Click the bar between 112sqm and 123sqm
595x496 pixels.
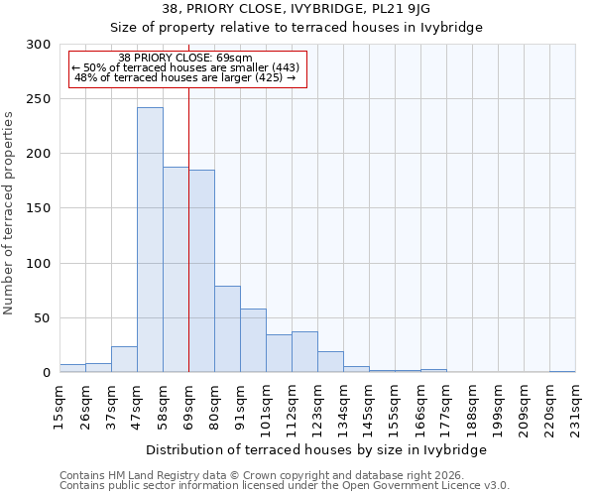tap(304, 352)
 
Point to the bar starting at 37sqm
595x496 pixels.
tap(124, 359)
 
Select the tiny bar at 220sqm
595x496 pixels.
tap(562, 371)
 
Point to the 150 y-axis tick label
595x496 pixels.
tap(38, 209)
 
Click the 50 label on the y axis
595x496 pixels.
tap(42, 318)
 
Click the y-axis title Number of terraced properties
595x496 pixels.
tap(10, 213)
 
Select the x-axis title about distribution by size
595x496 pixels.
tap(317, 449)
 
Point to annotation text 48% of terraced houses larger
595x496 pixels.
tap(185, 77)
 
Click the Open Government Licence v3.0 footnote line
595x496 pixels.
tap(285, 485)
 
